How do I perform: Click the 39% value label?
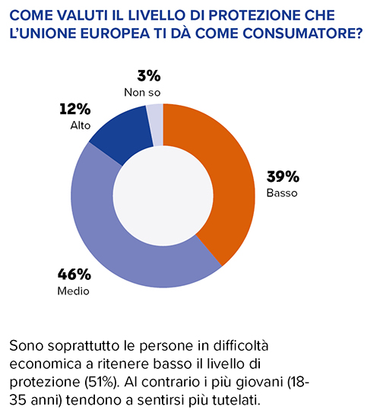[x=283, y=176]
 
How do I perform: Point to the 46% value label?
[x=74, y=274]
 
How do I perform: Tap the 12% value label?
[x=75, y=109]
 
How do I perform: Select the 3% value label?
[x=149, y=76]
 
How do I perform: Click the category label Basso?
[x=282, y=193]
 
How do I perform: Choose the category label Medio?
[x=74, y=291]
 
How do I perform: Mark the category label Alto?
[x=81, y=125]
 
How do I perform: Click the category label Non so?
[x=142, y=93]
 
